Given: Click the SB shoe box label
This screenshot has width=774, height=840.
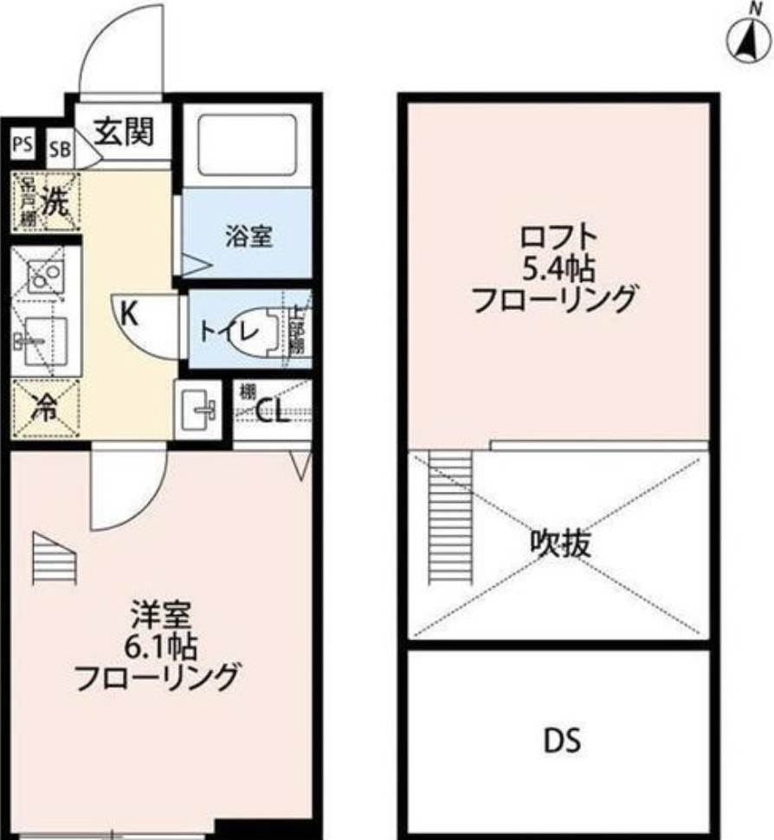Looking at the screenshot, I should click(59, 148).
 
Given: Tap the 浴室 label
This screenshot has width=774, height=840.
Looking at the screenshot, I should click(249, 236).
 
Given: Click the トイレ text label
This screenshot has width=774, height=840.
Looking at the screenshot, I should click(227, 331).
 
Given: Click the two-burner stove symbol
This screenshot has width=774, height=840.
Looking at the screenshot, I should click(44, 276).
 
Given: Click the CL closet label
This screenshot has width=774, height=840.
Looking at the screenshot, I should click(272, 410).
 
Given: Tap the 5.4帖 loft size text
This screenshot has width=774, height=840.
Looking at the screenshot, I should click(558, 269).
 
